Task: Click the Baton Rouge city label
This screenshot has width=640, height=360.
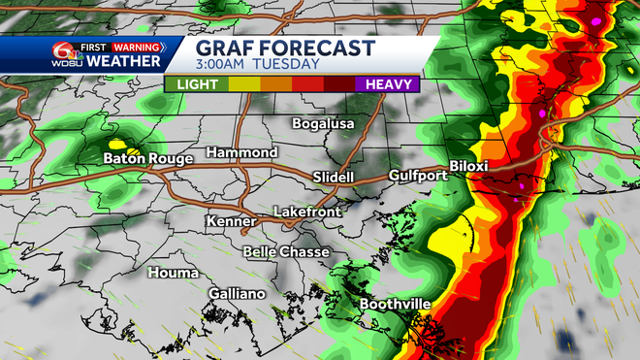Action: (x=148, y=158)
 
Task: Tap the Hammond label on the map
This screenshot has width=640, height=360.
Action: (x=240, y=153)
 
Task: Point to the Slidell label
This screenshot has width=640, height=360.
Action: (x=334, y=178)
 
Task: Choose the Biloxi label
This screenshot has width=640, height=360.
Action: (x=468, y=166)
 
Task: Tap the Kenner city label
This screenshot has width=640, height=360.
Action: (x=231, y=222)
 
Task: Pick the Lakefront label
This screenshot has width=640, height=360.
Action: (x=306, y=211)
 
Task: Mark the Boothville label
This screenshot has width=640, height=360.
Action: (x=396, y=305)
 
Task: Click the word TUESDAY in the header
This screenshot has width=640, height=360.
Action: (x=287, y=65)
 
